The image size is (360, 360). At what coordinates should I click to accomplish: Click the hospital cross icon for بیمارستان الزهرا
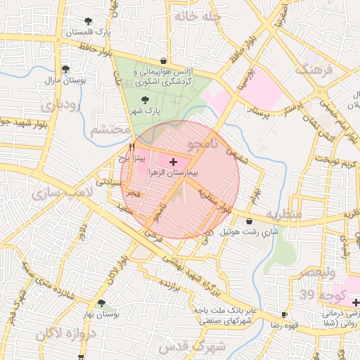[x=174, y=162]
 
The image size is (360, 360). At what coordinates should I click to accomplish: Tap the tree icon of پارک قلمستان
[x=87, y=22]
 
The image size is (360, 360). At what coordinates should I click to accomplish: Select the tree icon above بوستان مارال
[x=65, y=69]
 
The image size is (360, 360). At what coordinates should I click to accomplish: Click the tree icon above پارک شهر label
[x=145, y=100]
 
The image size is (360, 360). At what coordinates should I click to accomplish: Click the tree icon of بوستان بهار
[x=101, y=303]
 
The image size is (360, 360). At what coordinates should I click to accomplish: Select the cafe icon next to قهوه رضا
[x=284, y=315]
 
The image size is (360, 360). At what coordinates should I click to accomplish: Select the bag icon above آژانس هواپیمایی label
[x=164, y=60]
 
